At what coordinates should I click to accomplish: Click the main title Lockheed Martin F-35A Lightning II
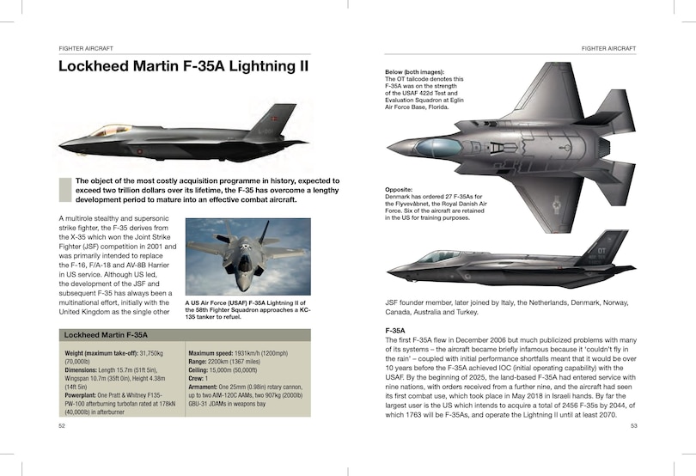click(182, 67)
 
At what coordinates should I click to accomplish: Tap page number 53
click(633, 425)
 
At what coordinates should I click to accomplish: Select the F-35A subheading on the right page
click(395, 330)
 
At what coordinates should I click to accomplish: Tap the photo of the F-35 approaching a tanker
click(247, 257)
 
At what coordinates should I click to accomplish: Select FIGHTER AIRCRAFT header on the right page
click(608, 48)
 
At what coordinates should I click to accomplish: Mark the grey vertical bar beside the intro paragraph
click(63, 190)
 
